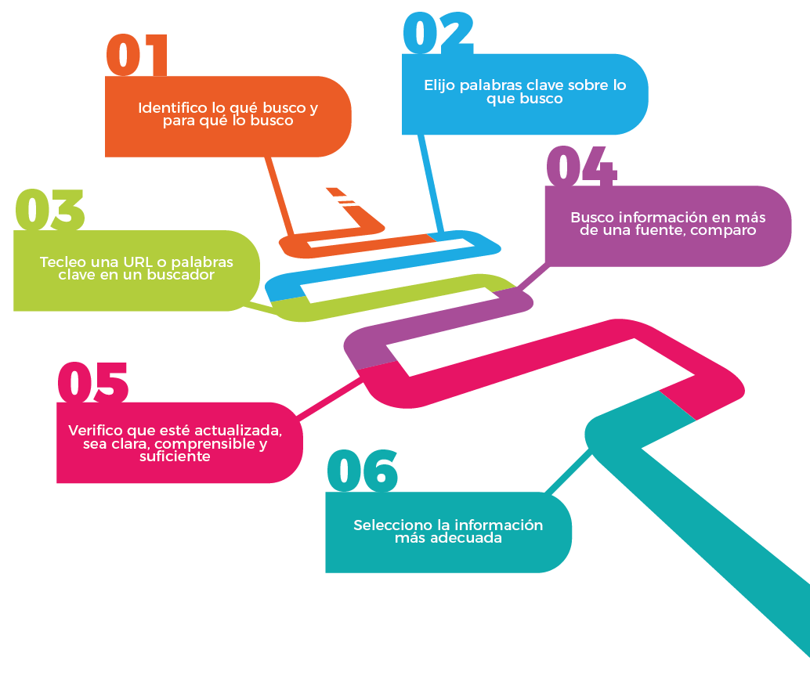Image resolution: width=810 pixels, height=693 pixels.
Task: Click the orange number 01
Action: tap(137, 56)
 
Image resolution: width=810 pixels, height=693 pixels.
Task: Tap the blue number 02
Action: tap(438, 33)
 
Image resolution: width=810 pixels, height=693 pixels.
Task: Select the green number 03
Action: tap(49, 211)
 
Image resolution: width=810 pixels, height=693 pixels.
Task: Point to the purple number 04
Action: tap(581, 168)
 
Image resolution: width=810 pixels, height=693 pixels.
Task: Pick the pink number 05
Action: tap(93, 384)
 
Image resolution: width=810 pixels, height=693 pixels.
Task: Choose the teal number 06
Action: tap(362, 472)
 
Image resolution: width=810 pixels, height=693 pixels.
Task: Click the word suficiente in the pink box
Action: tap(175, 457)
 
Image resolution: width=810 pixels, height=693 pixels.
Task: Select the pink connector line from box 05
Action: tap(329, 397)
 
